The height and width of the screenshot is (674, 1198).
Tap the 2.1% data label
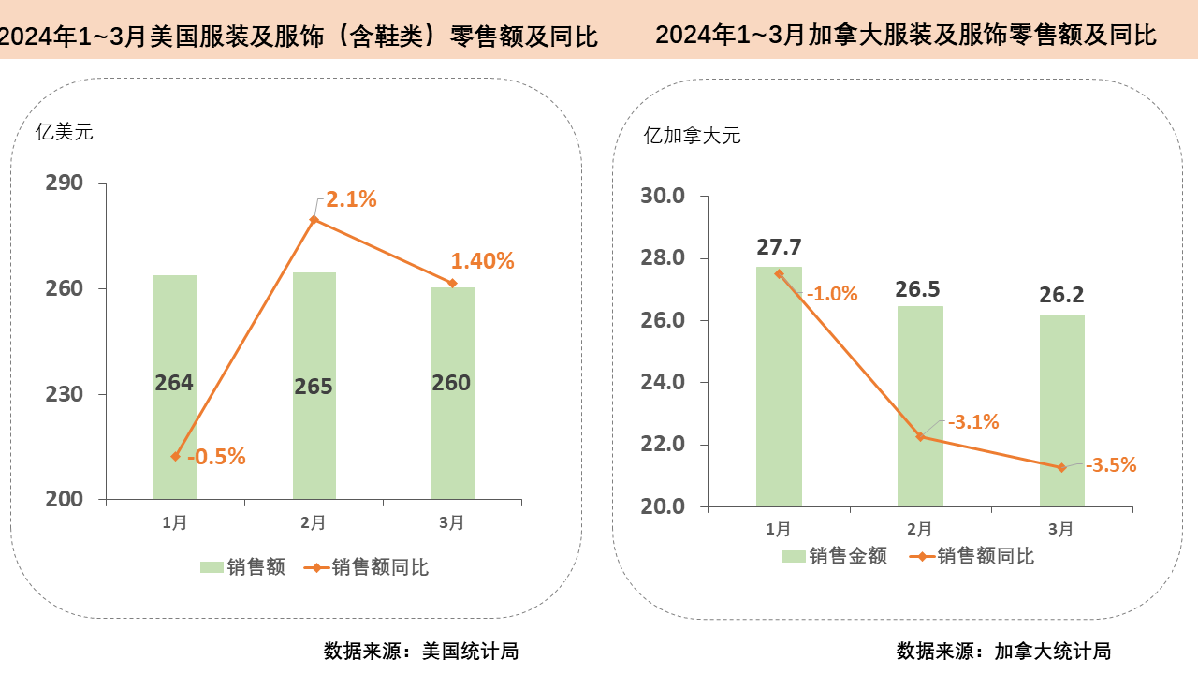pos(351,199)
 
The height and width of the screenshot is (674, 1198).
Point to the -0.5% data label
pos(216,457)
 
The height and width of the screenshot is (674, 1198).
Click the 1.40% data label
pos(482,261)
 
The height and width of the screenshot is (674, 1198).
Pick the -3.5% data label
pos(1111,464)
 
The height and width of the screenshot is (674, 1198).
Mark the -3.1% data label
pos(973,422)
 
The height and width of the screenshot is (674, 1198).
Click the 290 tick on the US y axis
pos(64,183)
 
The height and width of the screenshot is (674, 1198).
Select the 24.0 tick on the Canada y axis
pos(663,382)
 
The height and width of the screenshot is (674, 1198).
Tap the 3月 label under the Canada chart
pos(1060,530)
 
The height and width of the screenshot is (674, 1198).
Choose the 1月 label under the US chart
pos(174,523)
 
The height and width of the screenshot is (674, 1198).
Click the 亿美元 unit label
pos(65,132)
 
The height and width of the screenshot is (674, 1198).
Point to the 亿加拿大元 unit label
pos(692,135)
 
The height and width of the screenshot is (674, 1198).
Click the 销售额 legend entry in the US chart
pos(243,567)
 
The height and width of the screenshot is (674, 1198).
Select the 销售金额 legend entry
pos(835,556)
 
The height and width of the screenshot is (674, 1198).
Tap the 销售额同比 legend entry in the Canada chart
pos(973,556)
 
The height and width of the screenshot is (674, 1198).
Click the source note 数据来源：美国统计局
pos(421,651)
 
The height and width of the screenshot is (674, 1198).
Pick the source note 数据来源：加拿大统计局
pos(1003,651)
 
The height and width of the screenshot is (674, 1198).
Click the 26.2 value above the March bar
pos(1061,296)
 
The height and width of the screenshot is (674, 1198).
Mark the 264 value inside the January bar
pos(174,383)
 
